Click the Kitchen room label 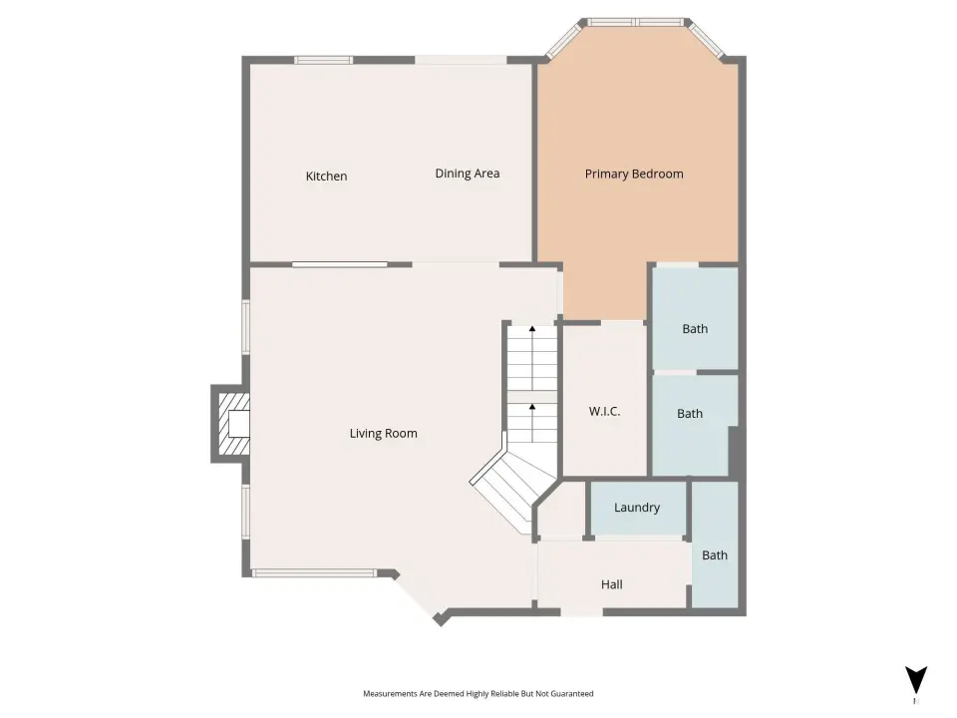(326, 176)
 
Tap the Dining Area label (467, 174)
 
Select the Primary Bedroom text (634, 174)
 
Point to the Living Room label (383, 434)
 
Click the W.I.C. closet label (604, 412)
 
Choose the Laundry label (637, 508)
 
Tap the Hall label (611, 584)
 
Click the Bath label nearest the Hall (714, 555)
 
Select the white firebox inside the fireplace (238, 424)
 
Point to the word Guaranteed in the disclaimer (572, 694)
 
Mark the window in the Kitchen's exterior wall (323, 60)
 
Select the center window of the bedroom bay (635, 23)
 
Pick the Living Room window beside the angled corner (314, 572)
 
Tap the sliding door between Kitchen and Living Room (339, 264)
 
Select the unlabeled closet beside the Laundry (562, 511)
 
